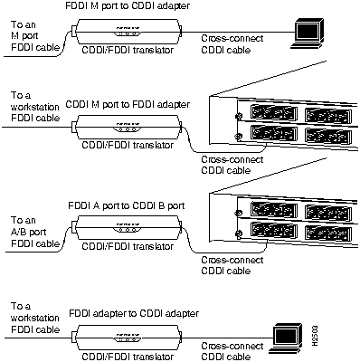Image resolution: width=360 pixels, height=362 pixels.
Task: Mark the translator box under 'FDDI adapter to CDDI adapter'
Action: (x=126, y=335)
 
